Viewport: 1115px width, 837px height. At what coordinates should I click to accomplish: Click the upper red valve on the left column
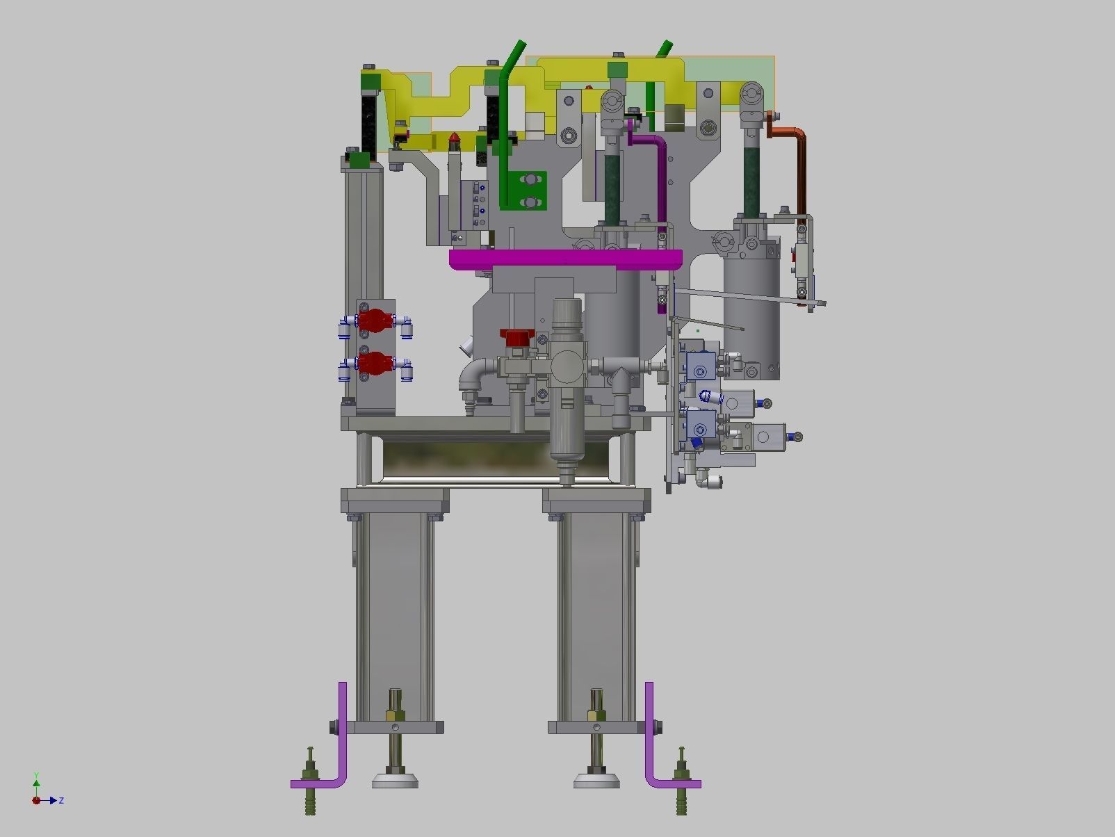[x=375, y=320]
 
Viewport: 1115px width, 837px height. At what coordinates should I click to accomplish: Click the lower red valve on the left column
[x=375, y=363]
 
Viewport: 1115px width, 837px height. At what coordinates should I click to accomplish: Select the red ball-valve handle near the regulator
[x=515, y=339]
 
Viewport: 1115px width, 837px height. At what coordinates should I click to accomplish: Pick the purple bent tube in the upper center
[x=658, y=167]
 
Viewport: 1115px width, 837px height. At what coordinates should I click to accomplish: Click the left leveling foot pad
[x=395, y=781]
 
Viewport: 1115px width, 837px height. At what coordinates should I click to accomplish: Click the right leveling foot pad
[x=596, y=781]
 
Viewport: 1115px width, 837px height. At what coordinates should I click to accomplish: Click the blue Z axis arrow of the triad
[x=53, y=801]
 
